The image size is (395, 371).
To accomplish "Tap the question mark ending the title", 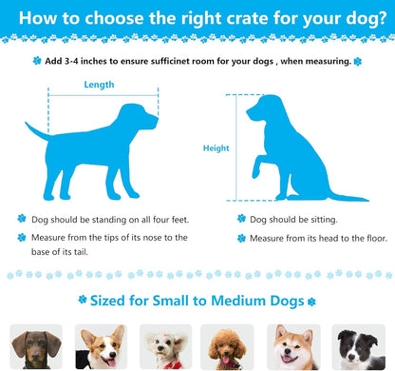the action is pyautogui.click(x=382, y=17).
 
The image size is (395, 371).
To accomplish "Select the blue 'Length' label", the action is pyautogui.click(x=99, y=85).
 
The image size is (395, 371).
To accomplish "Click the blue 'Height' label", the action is pyautogui.click(x=216, y=148).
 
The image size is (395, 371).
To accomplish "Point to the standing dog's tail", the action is pyautogui.click(x=37, y=132).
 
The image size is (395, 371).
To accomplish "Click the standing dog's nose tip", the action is pyautogui.click(x=157, y=120).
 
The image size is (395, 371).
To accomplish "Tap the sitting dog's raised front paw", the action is pyautogui.click(x=256, y=172).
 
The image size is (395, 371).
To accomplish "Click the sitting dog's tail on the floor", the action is pyautogui.click(x=348, y=197).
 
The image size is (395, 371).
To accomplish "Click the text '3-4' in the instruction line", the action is pyautogui.click(x=71, y=61).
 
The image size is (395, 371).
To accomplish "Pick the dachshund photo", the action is pyautogui.click(x=36, y=347).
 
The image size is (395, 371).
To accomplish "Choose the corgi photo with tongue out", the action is pyautogui.click(x=101, y=347).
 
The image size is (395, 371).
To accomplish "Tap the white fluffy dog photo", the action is pyautogui.click(x=166, y=347).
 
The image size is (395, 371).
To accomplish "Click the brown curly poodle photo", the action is pyautogui.click(x=227, y=347).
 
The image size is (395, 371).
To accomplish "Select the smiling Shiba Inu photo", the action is pyautogui.click(x=293, y=347).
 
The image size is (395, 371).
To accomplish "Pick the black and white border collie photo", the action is pyautogui.click(x=359, y=347).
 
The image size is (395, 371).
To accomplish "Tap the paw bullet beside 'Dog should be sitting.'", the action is pyautogui.click(x=241, y=219).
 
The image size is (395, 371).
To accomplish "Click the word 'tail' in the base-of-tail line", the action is pyautogui.click(x=81, y=252).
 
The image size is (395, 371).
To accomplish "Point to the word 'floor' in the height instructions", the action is pyautogui.click(x=377, y=238).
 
